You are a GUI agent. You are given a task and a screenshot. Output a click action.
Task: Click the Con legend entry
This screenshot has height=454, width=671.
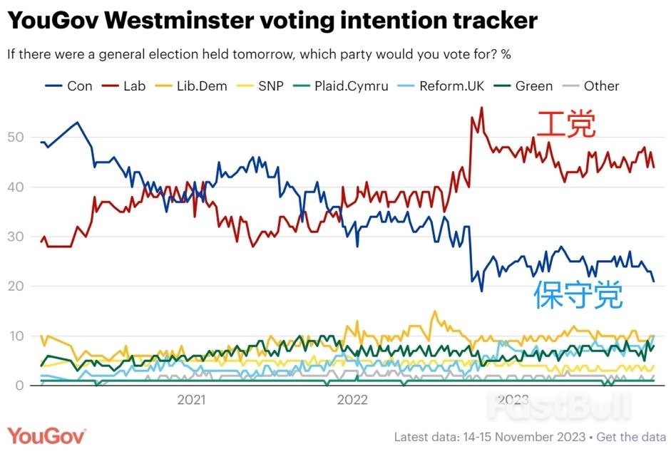(71, 86)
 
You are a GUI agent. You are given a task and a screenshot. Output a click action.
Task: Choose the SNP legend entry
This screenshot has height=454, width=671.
(263, 86)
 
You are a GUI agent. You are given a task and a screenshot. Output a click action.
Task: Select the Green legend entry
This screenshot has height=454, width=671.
(526, 86)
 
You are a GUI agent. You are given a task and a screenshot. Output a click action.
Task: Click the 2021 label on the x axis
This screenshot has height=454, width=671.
(191, 400)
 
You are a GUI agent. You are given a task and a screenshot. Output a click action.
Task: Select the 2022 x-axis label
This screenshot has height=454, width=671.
(352, 400)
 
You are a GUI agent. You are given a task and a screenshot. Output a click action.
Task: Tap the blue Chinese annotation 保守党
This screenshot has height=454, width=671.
(578, 295)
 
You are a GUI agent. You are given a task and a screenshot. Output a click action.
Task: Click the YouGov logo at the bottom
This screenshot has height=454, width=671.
(46, 435)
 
